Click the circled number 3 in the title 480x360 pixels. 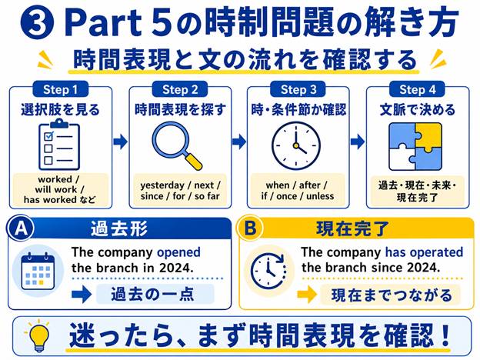(x=38, y=23)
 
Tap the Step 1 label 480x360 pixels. (x=61, y=89)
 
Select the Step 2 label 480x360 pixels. (x=180, y=89)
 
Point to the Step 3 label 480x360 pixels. (x=298, y=89)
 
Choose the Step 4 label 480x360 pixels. (x=417, y=89)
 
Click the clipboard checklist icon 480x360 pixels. (x=59, y=145)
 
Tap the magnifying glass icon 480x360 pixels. (x=177, y=146)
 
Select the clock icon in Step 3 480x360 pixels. (x=296, y=145)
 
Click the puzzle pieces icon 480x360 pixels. (x=415, y=146)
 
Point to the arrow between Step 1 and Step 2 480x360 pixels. (x=120, y=142)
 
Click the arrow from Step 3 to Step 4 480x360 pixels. (x=358, y=142)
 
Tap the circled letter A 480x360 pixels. (x=21, y=228)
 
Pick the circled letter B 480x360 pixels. (x=250, y=228)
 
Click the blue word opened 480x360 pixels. (x=178, y=253)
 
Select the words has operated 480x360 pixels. (x=424, y=252)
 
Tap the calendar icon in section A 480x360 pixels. (x=38, y=272)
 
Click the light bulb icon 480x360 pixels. (x=39, y=336)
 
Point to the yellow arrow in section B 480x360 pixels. (x=307, y=295)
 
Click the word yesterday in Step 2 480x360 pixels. (x=162, y=185)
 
